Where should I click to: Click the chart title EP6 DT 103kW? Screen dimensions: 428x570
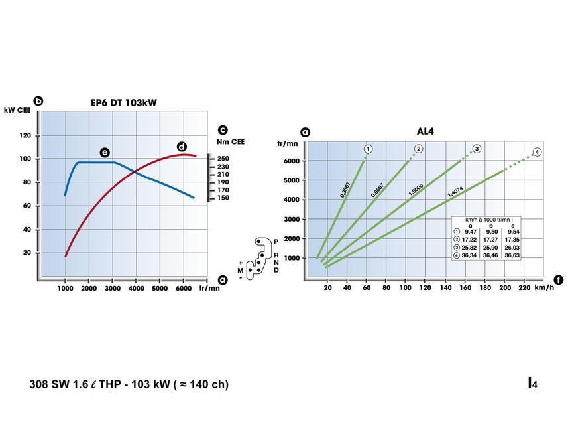[124, 102]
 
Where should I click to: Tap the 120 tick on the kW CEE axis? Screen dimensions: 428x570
[27, 135]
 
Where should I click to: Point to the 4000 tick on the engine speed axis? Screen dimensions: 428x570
[135, 288]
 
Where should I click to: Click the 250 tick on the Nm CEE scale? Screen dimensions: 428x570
[223, 159]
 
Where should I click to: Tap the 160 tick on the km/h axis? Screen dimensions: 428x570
[465, 288]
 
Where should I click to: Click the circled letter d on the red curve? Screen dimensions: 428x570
[182, 147]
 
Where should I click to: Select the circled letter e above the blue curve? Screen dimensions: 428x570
[105, 152]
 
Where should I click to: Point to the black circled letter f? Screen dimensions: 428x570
[559, 280]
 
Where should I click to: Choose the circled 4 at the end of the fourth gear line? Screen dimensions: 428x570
[537, 152]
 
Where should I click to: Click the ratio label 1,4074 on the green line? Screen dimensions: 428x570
[455, 192]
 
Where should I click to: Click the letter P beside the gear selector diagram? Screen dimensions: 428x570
[276, 242]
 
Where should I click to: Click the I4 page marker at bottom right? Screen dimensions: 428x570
[532, 383]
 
